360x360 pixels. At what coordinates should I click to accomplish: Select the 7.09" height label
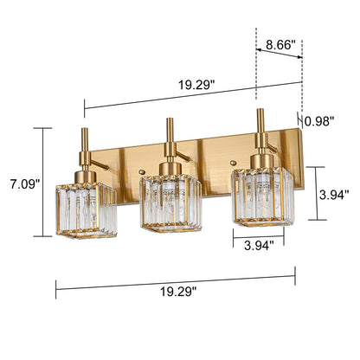click(x=20, y=183)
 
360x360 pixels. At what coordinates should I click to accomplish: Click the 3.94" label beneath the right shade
click(x=258, y=245)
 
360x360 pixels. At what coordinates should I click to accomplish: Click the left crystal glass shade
click(x=84, y=210)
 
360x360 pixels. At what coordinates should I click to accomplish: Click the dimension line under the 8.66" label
click(x=279, y=54)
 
